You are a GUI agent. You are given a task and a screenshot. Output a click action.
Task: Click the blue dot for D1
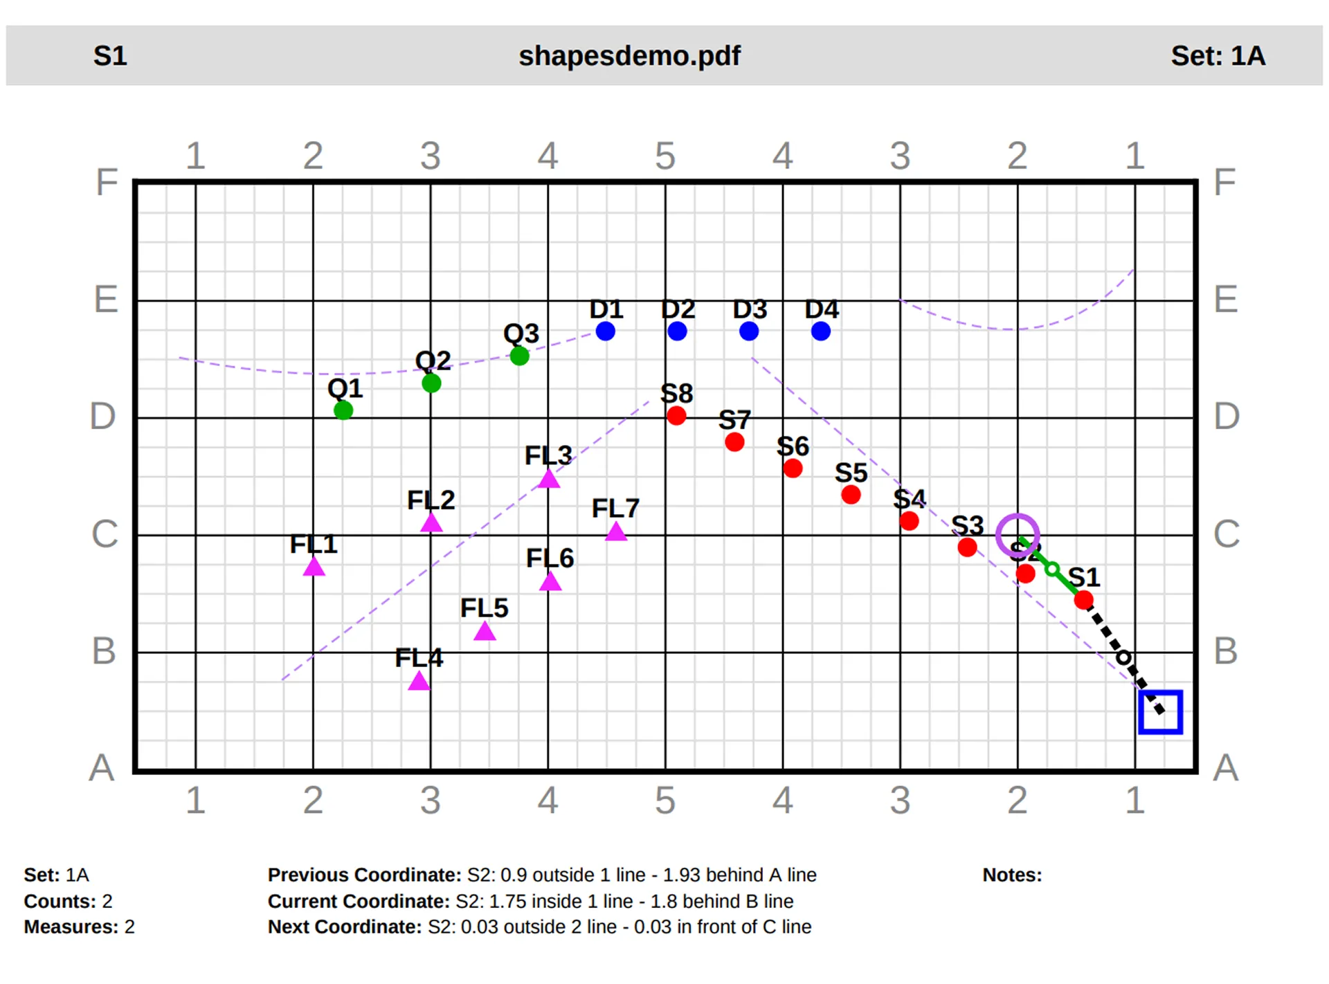coord(605,331)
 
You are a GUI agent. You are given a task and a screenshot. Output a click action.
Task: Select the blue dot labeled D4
coord(820,331)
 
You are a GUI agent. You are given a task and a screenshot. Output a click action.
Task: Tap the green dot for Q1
coord(343,410)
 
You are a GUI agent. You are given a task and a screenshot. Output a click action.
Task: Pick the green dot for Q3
coord(519,356)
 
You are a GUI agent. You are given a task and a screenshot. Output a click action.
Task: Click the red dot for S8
coord(676,416)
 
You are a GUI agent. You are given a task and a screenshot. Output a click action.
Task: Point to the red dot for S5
coord(851,495)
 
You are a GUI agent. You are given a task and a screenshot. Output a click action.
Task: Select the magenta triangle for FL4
coord(419,682)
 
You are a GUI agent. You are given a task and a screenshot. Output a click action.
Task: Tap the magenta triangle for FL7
coord(615,532)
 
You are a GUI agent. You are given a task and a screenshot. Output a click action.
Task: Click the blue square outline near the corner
coord(1160,712)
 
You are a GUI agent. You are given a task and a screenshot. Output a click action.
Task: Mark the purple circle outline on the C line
coord(1018,535)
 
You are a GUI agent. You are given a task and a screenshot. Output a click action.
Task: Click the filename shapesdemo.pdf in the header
coord(629,56)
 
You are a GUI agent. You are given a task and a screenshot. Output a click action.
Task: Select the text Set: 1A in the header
coord(1218,56)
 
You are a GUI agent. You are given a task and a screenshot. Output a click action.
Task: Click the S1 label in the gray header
coord(110,56)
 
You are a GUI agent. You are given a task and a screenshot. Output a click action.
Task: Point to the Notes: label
coord(1011,875)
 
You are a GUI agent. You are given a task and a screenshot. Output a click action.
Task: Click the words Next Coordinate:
coord(344,927)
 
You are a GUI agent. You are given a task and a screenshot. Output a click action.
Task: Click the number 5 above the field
coord(664,156)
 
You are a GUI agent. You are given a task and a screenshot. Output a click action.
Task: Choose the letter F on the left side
coord(107,183)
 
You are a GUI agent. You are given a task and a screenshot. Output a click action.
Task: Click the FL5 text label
coord(484,608)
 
